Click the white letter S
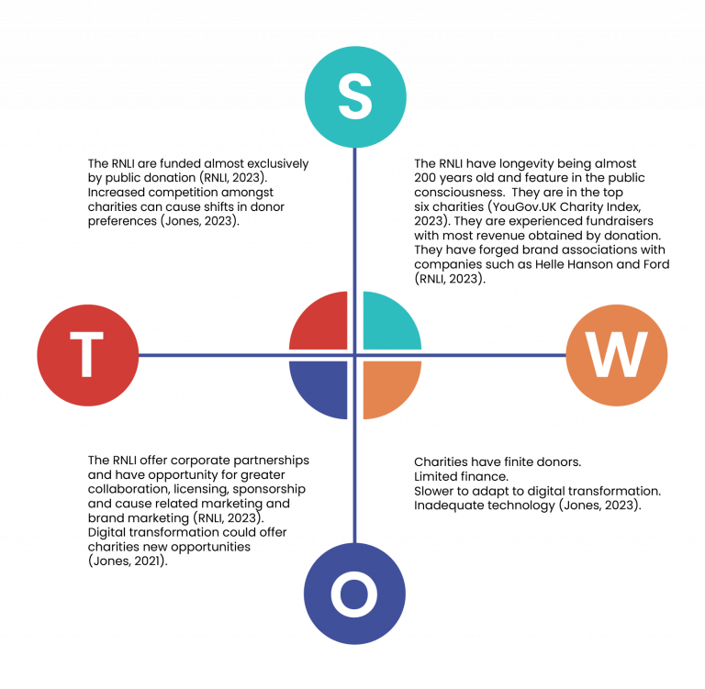click(x=355, y=96)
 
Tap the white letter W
click(x=617, y=355)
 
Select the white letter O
click(x=354, y=595)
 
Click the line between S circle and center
click(x=354, y=220)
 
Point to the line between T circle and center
click(x=211, y=355)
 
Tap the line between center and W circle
click(x=496, y=355)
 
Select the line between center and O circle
click(x=354, y=482)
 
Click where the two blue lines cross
click(x=354, y=355)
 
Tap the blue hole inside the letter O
click(x=354, y=595)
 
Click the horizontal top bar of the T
click(x=87, y=336)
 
